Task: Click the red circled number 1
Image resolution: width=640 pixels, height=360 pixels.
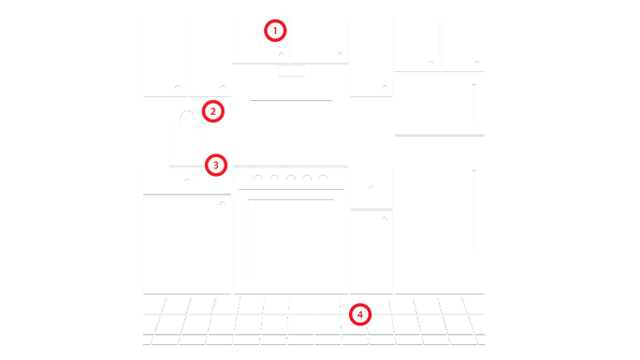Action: pyautogui.click(x=275, y=31)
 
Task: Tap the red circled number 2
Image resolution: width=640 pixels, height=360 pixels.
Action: pyautogui.click(x=213, y=111)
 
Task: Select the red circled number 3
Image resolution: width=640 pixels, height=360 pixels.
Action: pyautogui.click(x=216, y=166)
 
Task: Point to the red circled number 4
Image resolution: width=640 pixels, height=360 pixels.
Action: pyautogui.click(x=360, y=314)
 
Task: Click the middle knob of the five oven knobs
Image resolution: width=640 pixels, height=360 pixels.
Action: pyautogui.click(x=291, y=176)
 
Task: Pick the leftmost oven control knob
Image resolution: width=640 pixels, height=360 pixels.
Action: pyautogui.click(x=258, y=176)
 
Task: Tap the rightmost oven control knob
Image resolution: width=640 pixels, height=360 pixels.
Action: pyautogui.click(x=323, y=176)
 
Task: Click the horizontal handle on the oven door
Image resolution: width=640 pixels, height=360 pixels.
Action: pyautogui.click(x=291, y=200)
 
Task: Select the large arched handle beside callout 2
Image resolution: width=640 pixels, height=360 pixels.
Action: pyautogui.click(x=187, y=111)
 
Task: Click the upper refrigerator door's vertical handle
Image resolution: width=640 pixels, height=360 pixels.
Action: pyautogui.click(x=473, y=105)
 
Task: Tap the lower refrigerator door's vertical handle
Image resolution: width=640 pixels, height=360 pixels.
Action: pyautogui.click(x=473, y=211)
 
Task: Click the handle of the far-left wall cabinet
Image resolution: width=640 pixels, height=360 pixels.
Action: pyautogui.click(x=178, y=86)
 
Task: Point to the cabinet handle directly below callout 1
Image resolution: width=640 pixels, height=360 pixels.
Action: pyautogui.click(x=282, y=53)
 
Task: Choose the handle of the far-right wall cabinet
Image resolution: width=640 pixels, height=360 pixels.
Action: pyautogui.click(x=476, y=62)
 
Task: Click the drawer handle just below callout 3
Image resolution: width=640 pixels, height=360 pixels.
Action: pyautogui.click(x=187, y=180)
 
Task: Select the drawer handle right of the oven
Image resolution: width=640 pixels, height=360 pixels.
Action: pyautogui.click(x=371, y=186)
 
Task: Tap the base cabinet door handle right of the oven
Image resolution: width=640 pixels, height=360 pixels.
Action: pyautogui.click(x=384, y=218)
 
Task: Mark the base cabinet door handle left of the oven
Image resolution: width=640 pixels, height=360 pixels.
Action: pyautogui.click(x=223, y=202)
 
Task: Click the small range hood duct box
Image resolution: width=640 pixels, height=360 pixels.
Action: pyautogui.click(x=291, y=70)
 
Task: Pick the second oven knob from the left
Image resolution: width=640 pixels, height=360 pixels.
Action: pyautogui.click(x=274, y=176)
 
